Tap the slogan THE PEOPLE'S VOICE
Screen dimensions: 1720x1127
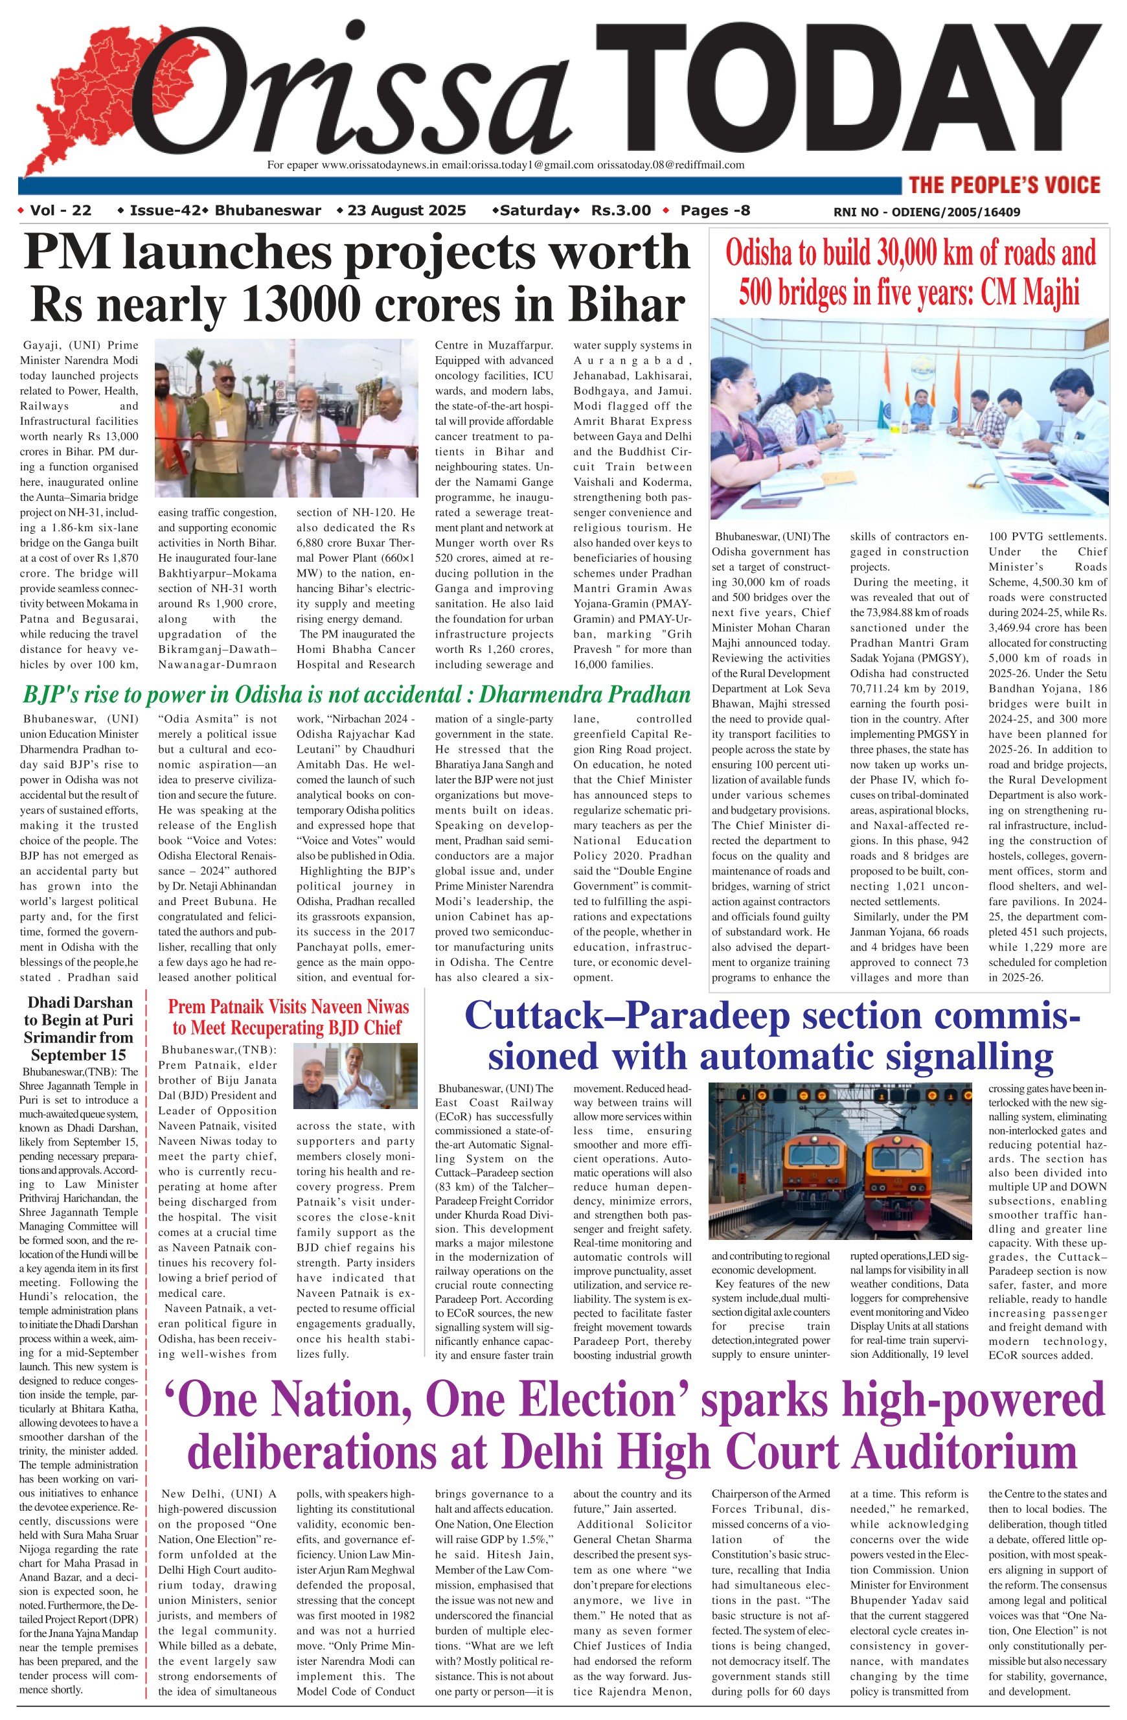coord(1004,185)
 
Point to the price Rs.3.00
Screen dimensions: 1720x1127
coord(620,211)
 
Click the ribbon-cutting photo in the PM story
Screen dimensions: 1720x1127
coord(286,419)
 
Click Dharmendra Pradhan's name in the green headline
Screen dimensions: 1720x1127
coord(584,694)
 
